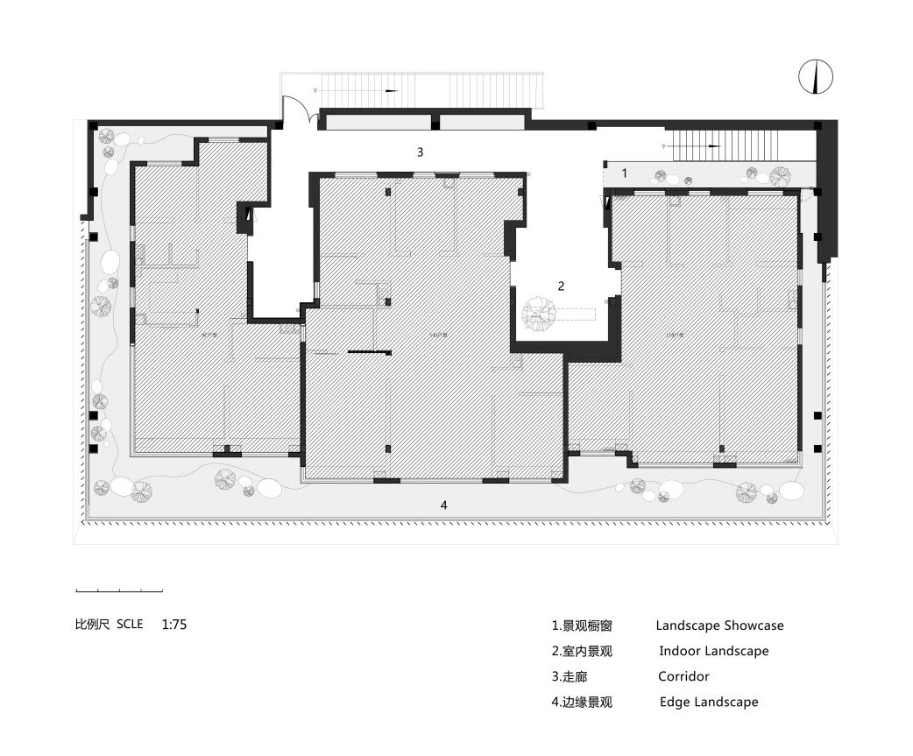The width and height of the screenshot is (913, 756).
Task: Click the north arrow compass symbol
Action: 816,77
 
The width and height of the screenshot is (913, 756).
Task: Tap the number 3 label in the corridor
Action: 421,152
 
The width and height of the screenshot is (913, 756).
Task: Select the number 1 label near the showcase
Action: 625,173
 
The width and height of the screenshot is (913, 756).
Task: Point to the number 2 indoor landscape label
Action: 562,286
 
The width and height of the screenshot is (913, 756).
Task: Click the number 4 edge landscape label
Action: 444,505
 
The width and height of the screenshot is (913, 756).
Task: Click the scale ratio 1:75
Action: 174,625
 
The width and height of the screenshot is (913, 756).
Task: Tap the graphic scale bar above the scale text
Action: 119,589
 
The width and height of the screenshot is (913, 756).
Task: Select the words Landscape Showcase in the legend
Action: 719,625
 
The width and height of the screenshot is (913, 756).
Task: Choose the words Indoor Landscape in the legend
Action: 713,651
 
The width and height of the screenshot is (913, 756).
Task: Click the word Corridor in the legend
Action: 683,676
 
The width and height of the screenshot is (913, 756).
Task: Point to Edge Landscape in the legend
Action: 709,702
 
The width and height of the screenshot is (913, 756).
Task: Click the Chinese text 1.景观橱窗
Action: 582,625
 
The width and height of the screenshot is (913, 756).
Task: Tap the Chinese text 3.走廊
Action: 570,676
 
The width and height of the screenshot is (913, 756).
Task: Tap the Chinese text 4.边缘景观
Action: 582,702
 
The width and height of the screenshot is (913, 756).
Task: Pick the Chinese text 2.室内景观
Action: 582,651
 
